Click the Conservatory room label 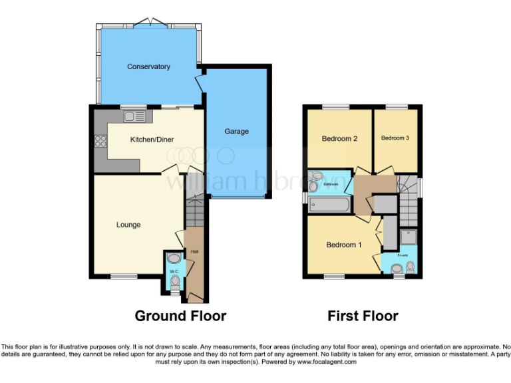(x=148, y=66)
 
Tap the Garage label (x=236, y=131)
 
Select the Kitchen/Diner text (x=149, y=139)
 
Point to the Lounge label (x=128, y=225)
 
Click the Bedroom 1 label (x=343, y=245)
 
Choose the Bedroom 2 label (x=339, y=138)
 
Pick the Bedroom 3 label (x=395, y=138)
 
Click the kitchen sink (x=134, y=117)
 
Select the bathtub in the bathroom (x=329, y=203)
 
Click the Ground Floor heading (x=180, y=316)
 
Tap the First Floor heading (x=363, y=316)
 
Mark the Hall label (x=194, y=252)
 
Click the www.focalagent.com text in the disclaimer (x=326, y=362)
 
